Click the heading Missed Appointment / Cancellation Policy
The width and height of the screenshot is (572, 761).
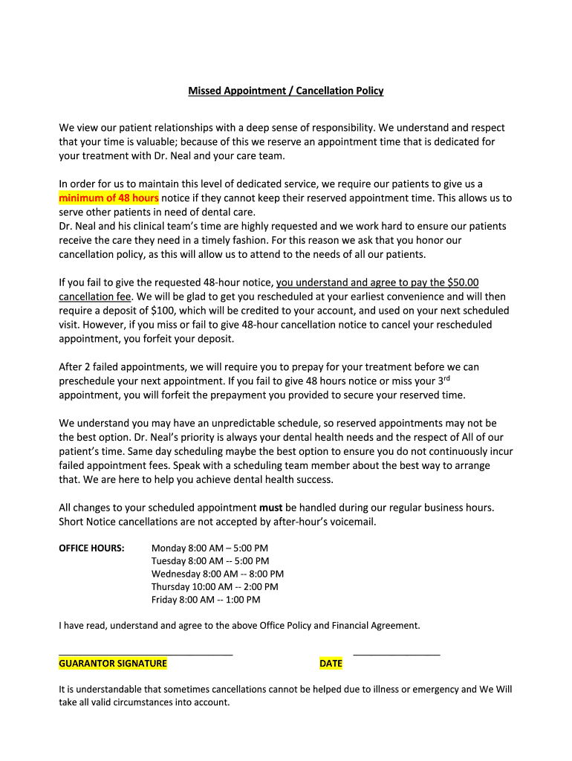tap(285, 91)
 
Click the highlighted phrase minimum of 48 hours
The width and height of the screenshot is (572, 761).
tap(108, 198)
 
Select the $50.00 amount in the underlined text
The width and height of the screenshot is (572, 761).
tap(464, 282)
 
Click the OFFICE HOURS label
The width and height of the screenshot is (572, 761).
tap(91, 548)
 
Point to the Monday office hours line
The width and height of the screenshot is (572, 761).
tap(209, 548)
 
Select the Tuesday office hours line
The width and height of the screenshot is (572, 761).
tap(210, 561)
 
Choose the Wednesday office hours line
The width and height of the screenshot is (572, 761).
tap(218, 574)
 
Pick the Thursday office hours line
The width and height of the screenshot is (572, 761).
tap(215, 586)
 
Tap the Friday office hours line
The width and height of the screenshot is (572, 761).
tap(206, 600)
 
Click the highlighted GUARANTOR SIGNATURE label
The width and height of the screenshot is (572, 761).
tap(113, 664)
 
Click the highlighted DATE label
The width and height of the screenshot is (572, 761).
tap(331, 664)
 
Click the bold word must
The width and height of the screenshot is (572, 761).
tap(270, 508)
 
